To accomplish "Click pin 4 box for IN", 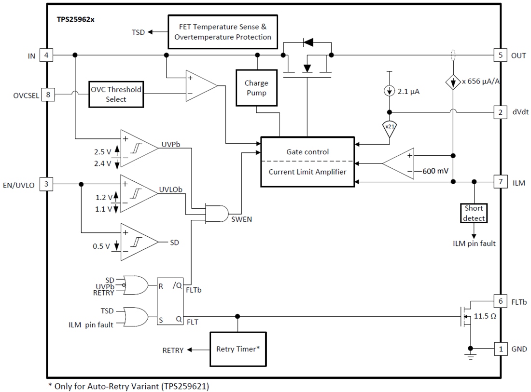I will pyautogui.click(x=46, y=55).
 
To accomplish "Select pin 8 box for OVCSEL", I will pyautogui.click(x=48, y=95).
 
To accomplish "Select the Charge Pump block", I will pyautogui.click(x=256, y=87).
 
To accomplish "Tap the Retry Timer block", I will pyautogui.click(x=238, y=349).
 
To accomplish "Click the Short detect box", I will pyautogui.click(x=474, y=213).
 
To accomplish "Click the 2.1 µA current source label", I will pyautogui.click(x=407, y=90).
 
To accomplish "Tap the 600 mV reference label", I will pyautogui.click(x=436, y=171).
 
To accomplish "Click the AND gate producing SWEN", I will pyautogui.click(x=217, y=213).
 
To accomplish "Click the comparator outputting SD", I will pyautogui.click(x=139, y=242).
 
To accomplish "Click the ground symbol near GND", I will pyautogui.click(x=470, y=356).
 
